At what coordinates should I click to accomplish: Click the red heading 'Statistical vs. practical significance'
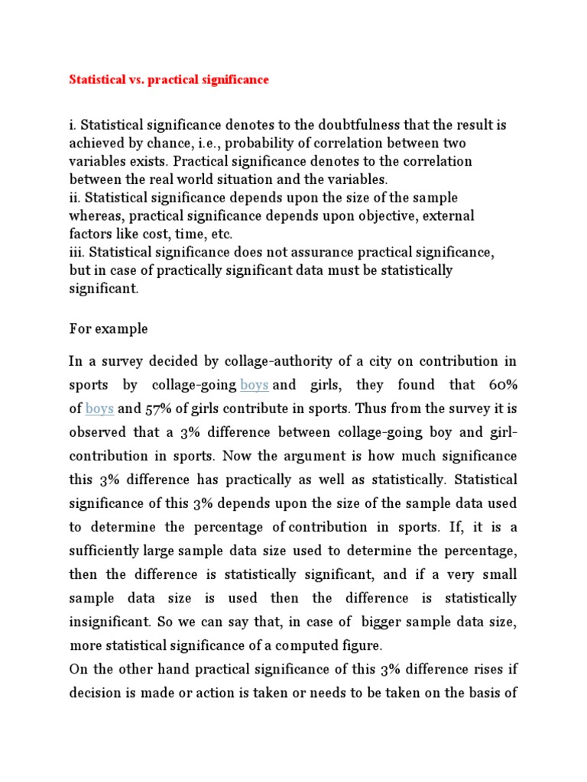(169, 79)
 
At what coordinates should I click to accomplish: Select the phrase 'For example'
(109, 328)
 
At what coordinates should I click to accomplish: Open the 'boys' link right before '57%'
(99, 409)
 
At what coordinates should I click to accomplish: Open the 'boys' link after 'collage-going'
(254, 385)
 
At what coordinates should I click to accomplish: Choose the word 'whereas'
(96, 216)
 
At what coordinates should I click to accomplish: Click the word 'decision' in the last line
(96, 693)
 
